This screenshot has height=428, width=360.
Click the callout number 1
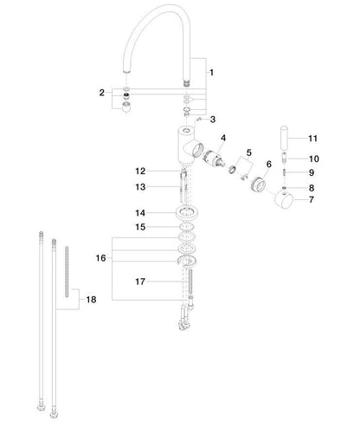(x=211, y=73)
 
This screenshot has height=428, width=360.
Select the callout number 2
(x=102, y=93)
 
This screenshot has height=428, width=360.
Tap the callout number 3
(x=213, y=120)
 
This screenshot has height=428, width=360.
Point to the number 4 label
(x=223, y=138)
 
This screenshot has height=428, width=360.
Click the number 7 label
(x=312, y=199)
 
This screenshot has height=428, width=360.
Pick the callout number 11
(x=312, y=139)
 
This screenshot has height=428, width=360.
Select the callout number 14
(x=140, y=213)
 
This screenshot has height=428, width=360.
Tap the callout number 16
(x=101, y=258)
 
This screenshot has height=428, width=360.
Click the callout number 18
(x=91, y=300)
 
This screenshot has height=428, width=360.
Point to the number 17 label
(x=140, y=282)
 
